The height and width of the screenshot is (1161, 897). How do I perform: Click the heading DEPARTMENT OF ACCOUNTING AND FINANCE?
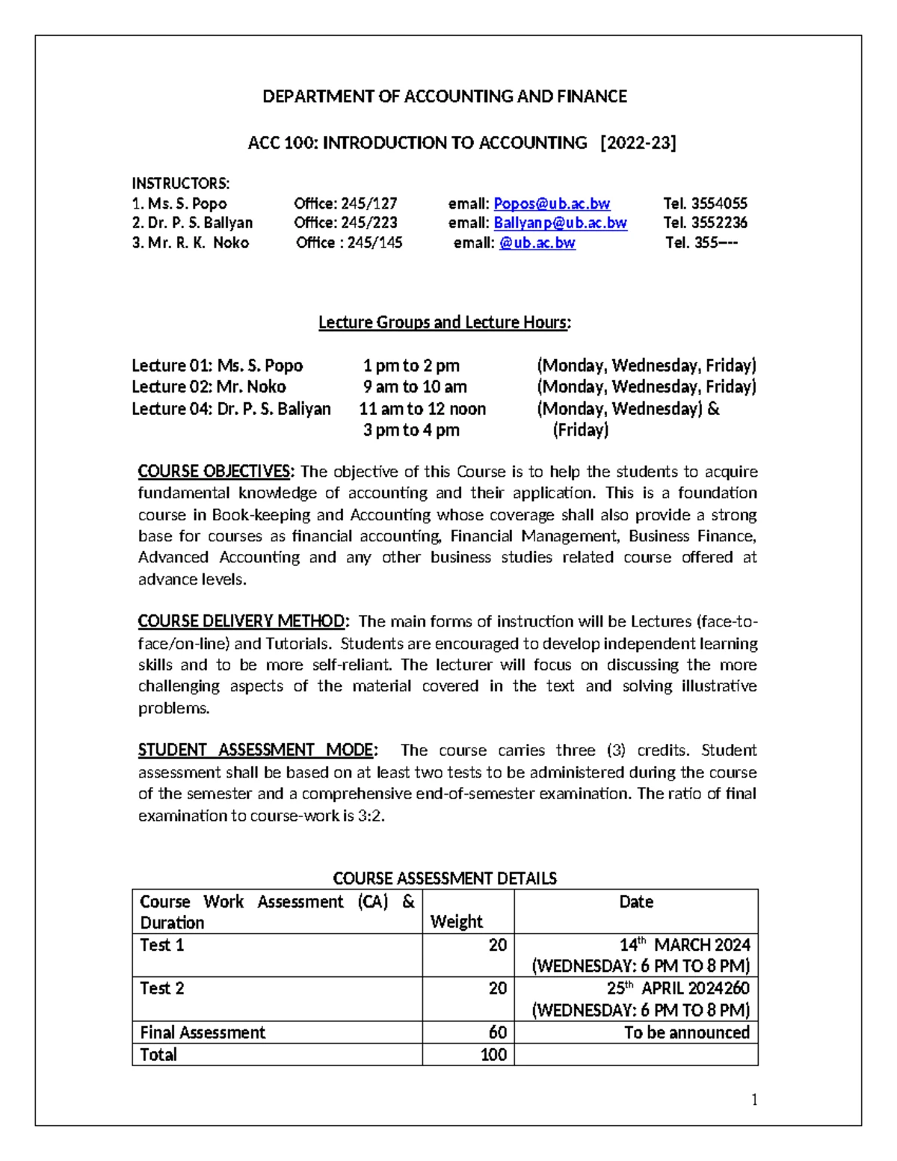(444, 96)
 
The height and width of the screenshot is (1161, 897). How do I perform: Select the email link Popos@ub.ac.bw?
(552, 203)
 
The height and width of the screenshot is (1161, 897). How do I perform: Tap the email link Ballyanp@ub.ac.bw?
(560, 223)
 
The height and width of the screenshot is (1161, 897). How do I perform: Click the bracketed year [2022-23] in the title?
(638, 143)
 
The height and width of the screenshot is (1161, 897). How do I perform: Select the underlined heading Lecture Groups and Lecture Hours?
(444, 322)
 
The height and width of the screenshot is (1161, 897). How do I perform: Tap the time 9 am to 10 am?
(415, 387)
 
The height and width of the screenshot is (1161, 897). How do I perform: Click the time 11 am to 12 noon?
(422, 408)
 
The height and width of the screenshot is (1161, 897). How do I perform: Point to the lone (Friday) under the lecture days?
(580, 430)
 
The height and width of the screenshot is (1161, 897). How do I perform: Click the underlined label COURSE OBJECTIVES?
(217, 472)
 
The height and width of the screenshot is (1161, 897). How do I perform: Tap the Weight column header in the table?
(457, 922)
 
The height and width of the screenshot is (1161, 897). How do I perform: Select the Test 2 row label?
(162, 988)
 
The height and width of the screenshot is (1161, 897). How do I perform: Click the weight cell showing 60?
(497, 1032)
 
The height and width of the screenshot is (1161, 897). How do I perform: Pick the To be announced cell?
(686, 1032)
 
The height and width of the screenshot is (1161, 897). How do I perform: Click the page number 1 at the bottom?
(754, 1099)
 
